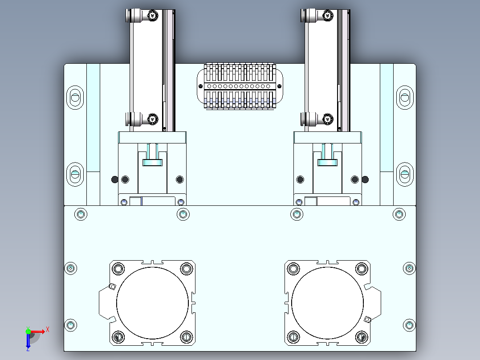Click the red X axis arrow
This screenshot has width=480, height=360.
[38, 331]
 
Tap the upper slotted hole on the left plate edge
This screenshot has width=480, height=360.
[75, 98]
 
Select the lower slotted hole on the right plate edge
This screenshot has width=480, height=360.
[405, 174]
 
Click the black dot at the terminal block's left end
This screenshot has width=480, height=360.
[200, 86]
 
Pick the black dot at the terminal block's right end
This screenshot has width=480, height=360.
[279, 86]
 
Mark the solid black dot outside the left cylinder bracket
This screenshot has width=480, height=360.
[114, 180]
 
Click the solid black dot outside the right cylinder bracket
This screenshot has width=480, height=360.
[365, 180]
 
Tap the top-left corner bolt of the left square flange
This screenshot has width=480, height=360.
[118, 269]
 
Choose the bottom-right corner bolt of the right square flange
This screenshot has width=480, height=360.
[362, 337]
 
